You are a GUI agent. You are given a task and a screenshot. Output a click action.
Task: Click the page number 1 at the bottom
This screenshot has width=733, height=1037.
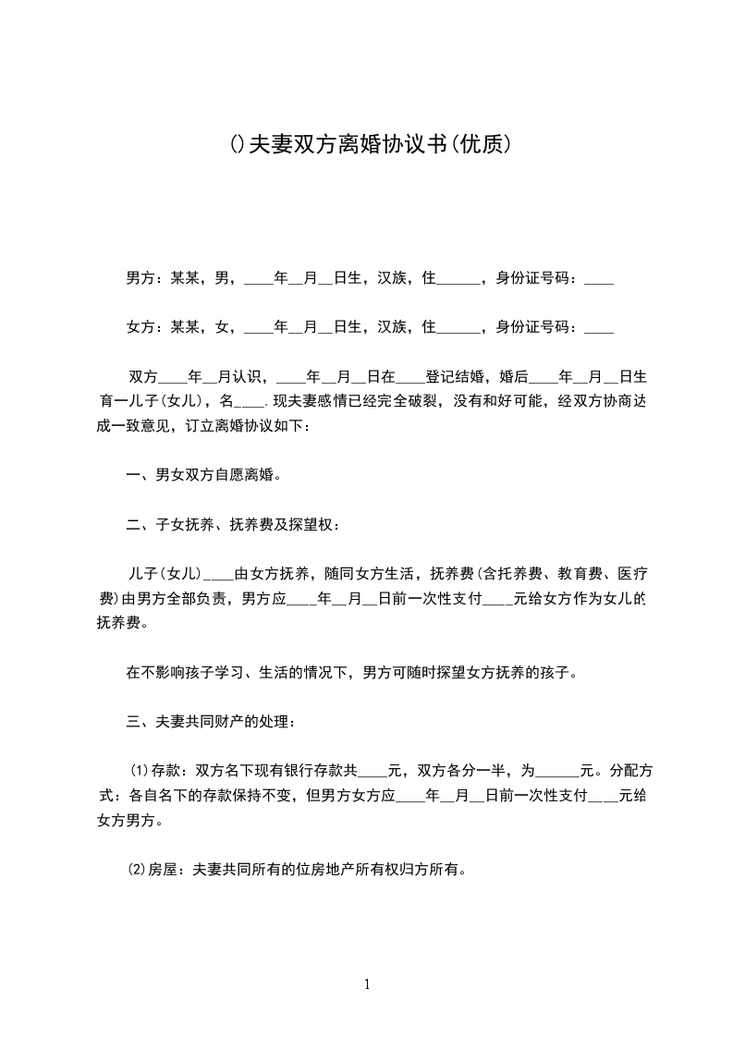(367, 984)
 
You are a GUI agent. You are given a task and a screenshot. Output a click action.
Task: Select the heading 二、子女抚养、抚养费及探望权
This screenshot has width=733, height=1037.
(232, 526)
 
